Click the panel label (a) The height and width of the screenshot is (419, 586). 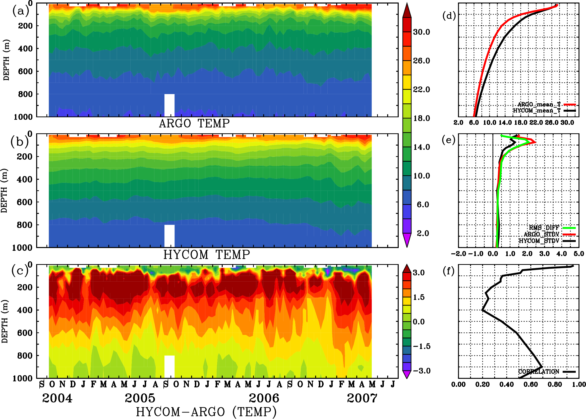coord(21,11)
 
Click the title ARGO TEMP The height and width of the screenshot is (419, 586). coord(194,124)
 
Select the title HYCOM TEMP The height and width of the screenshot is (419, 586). coord(206,255)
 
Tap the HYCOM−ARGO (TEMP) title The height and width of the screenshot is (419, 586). coord(206,411)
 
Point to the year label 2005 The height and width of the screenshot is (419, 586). coord(140,398)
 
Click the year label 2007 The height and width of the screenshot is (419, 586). coord(362,398)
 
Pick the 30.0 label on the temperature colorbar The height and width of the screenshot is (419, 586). coord(421,32)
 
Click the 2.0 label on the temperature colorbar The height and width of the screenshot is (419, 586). coord(423,233)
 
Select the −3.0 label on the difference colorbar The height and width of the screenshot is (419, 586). coord(421,371)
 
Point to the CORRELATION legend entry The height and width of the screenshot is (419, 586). coord(539,372)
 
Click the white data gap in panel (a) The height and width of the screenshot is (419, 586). coord(169,105)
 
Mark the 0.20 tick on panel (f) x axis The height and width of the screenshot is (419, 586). coord(482,384)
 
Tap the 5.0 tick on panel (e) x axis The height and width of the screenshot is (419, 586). coord(579,254)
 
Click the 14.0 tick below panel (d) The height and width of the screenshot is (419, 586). coord(505,123)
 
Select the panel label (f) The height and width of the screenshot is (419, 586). coord(448,271)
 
